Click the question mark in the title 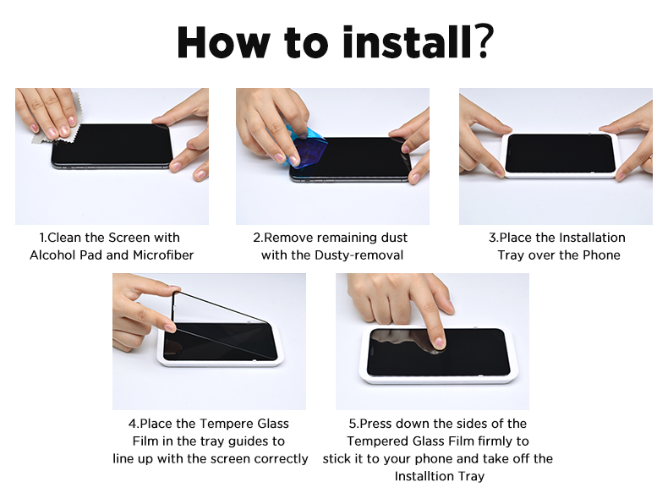pos(483,41)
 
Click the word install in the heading pos(407,41)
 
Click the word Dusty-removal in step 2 pos(359,255)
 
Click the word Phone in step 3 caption pos(601,255)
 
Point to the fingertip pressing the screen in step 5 pos(438,342)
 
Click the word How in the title pos(224,41)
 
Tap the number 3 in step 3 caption pos(492,238)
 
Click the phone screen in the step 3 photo pos(561,153)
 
